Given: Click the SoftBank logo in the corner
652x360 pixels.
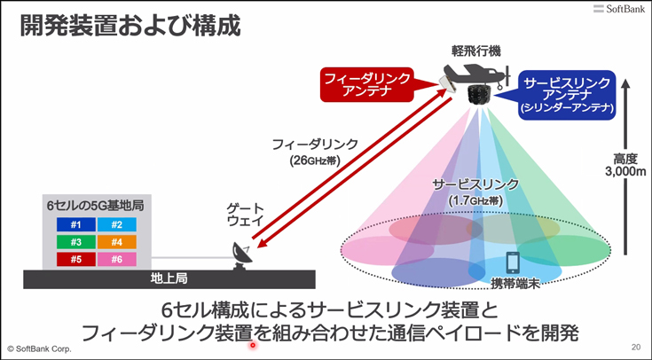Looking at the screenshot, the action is pos(619,9).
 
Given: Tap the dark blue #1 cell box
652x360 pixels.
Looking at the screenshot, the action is pos(76,225).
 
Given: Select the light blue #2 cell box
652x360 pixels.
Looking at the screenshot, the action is pos(117,225).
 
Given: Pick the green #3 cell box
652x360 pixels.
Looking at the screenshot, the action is pos(76,242).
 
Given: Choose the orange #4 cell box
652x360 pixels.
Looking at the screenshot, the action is pos(117,242).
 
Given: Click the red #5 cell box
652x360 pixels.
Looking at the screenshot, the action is pos(76,260).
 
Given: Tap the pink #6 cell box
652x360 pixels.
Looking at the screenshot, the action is pos(117,260).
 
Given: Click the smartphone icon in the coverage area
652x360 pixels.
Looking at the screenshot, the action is pos(513,263).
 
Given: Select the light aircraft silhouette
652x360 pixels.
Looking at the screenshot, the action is pos(476,74).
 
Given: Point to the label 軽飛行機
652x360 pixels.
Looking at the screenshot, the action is pos(476,51).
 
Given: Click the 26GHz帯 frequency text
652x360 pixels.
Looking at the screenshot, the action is pos(315,160).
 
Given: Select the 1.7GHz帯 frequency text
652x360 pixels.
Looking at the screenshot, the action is pos(475,200).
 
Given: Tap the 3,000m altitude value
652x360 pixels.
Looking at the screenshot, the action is pos(625,171).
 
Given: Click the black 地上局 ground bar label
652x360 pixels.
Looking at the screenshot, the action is pos(169,278).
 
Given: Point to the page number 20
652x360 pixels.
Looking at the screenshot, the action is pos(636,347).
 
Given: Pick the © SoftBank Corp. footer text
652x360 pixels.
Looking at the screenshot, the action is pos(40,348).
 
